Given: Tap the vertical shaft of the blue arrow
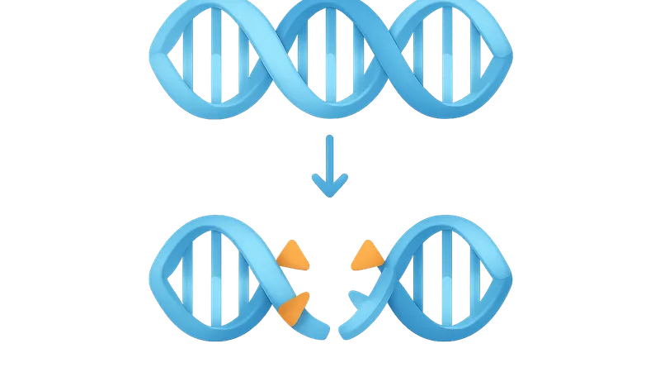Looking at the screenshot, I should click(x=330, y=157).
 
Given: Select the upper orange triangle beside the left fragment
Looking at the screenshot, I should click(x=294, y=257).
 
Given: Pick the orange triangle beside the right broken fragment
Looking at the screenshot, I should click(x=365, y=256).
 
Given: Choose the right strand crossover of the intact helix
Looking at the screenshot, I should click(x=388, y=60).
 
